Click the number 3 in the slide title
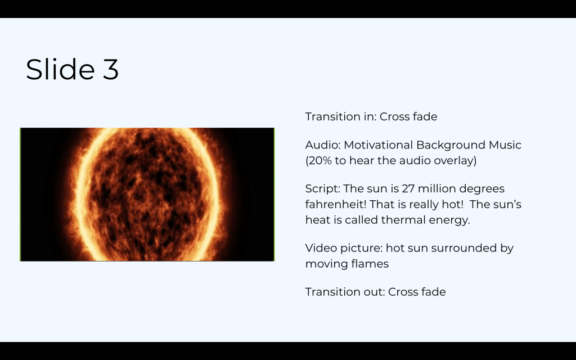pyautogui.click(x=111, y=69)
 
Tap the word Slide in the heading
pyautogui.click(x=60, y=69)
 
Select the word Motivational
pyautogui.click(x=378, y=145)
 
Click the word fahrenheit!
pyautogui.click(x=336, y=204)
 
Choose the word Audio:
pyautogui.click(x=323, y=145)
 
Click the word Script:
pyautogui.click(x=323, y=189)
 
